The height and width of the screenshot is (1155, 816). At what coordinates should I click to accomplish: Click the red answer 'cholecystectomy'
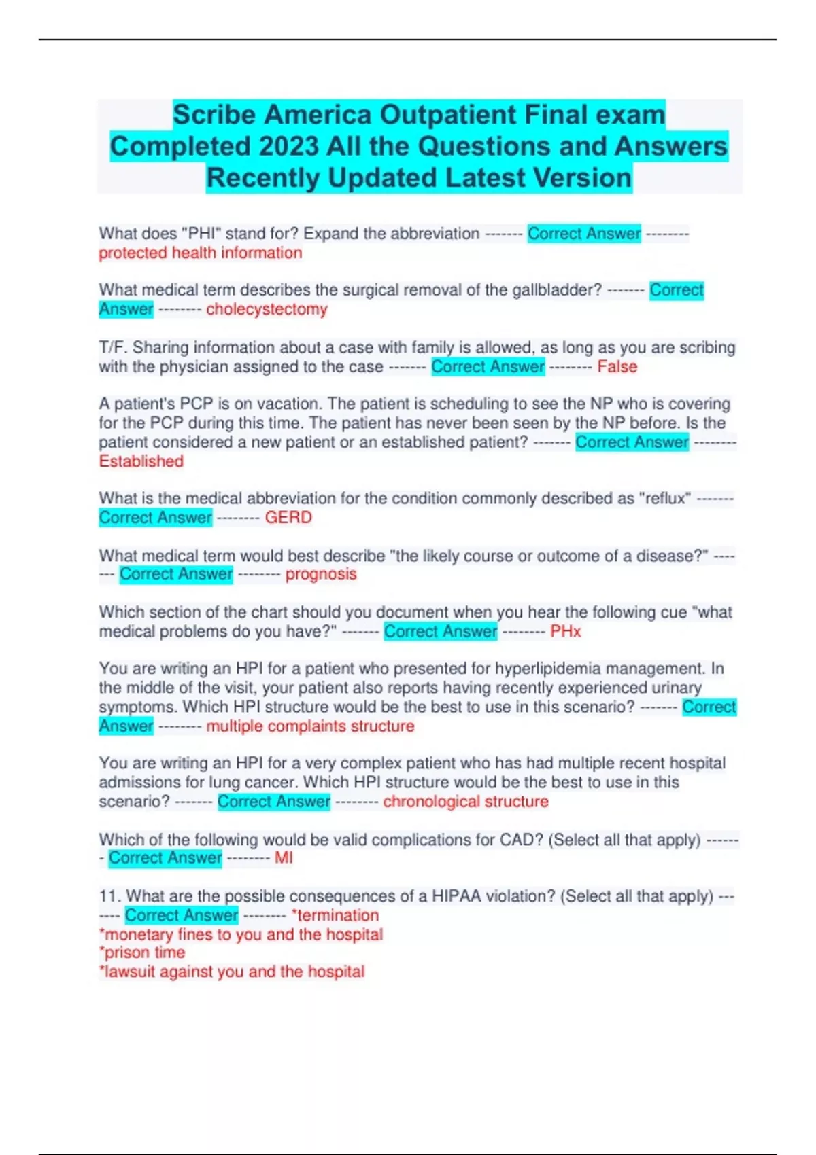tap(267, 309)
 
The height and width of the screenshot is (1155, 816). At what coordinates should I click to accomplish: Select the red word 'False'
tap(617, 367)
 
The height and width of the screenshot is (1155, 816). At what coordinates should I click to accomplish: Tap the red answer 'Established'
tap(141, 461)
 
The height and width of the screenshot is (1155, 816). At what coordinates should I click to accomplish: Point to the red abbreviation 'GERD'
tap(288, 518)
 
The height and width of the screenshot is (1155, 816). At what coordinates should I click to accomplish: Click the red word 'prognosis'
tap(321, 574)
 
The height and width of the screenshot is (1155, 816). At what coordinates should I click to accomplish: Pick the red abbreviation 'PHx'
tap(566, 631)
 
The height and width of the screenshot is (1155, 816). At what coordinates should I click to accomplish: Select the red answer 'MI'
tap(284, 858)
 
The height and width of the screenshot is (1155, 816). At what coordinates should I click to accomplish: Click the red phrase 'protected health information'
tap(201, 253)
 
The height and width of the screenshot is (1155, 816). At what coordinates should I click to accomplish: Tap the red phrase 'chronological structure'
tap(466, 802)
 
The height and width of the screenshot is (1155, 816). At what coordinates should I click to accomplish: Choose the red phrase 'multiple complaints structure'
tap(310, 726)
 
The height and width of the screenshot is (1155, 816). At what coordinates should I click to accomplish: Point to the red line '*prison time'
tap(142, 953)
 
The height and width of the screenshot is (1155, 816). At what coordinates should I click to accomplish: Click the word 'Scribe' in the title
tap(214, 115)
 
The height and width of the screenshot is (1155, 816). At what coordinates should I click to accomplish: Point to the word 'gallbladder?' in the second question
tap(557, 290)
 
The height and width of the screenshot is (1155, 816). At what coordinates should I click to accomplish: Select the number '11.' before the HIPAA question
tap(109, 896)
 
